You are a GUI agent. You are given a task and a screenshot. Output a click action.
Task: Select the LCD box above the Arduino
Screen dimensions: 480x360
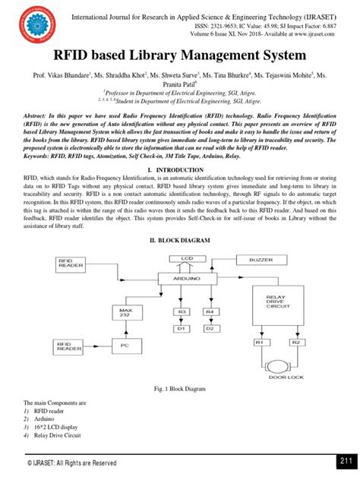pyautogui.click(x=188, y=259)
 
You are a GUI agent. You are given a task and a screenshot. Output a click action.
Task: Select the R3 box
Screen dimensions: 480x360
pyautogui.click(x=182, y=311)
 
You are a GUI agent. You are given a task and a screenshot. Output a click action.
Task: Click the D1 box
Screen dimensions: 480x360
pyautogui.click(x=182, y=329)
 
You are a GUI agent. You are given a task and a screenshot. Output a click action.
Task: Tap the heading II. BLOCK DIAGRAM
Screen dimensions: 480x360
pyautogui.click(x=179, y=240)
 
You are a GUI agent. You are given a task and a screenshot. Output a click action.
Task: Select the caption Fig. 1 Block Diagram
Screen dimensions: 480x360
pyautogui.click(x=179, y=387)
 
